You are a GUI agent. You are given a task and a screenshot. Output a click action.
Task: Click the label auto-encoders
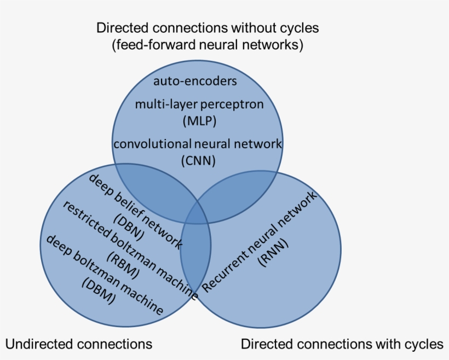(x=195, y=82)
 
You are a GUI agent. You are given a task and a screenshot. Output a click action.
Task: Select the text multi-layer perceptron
(x=199, y=103)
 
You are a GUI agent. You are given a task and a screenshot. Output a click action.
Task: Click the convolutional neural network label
(x=198, y=144)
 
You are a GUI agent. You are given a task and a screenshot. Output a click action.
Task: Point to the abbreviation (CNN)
(x=198, y=161)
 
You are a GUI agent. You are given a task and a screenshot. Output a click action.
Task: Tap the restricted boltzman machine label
(x=129, y=249)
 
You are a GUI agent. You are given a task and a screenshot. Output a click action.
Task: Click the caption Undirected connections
(x=79, y=344)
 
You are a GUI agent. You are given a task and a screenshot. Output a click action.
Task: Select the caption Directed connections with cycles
(x=342, y=344)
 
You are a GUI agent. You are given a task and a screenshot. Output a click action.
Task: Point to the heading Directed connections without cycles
(x=208, y=27)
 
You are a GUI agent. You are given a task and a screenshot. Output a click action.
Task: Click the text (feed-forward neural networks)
(x=208, y=45)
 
